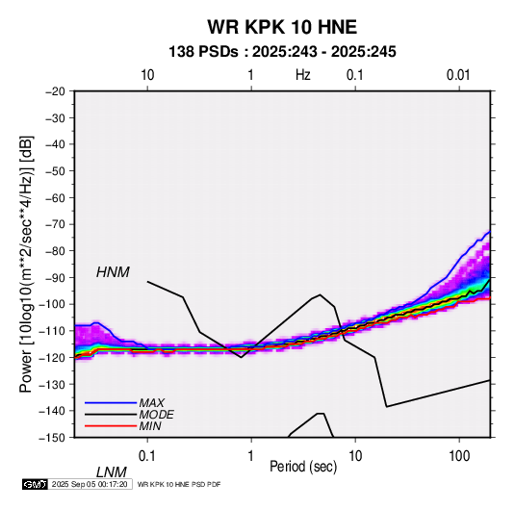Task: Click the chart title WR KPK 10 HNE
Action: tap(282, 27)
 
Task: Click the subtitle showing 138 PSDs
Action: tap(282, 52)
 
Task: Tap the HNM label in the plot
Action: tap(113, 272)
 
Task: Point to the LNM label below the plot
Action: tap(111, 472)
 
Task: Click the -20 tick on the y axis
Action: tap(55, 91)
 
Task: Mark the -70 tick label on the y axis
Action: tap(55, 224)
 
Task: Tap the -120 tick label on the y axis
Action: tap(52, 357)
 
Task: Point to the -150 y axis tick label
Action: tap(52, 438)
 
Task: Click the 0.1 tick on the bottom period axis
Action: tap(147, 456)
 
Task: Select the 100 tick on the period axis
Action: tap(459, 456)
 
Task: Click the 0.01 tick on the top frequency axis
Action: tap(458, 75)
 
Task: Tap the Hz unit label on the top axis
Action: tap(303, 75)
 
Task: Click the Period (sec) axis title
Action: tap(303, 467)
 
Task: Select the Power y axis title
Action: tap(26, 265)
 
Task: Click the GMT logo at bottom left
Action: tap(36, 484)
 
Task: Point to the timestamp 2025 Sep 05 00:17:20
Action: tap(90, 484)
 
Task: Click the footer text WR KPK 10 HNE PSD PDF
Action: tap(179, 484)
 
